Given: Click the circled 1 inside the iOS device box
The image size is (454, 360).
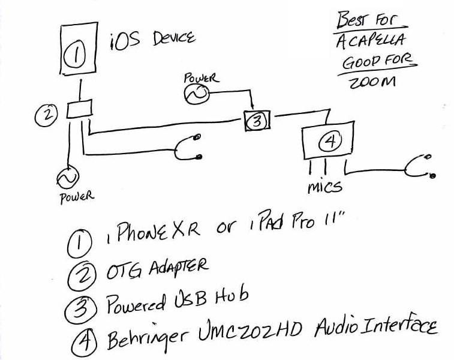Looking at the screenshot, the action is [75, 55].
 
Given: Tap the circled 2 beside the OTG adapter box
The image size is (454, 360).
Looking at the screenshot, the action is [47, 114].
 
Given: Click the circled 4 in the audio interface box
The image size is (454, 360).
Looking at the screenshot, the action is [330, 141].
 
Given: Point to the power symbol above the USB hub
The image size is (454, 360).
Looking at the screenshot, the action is [197, 94].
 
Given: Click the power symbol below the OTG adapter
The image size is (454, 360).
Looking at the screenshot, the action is [68, 178].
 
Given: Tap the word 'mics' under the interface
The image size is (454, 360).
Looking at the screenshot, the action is [324, 187].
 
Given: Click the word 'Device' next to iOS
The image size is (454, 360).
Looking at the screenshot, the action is [174, 40].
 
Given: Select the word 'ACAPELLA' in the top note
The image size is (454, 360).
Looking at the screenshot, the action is [370, 41].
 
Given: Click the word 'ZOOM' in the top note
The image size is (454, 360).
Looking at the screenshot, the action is [372, 82].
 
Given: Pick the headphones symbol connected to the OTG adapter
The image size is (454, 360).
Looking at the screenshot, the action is [188, 148].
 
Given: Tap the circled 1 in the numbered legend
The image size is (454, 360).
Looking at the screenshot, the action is [79, 244].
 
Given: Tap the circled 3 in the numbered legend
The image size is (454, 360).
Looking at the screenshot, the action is [80, 309].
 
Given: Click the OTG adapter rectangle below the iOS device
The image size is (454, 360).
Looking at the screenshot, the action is [79, 109].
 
